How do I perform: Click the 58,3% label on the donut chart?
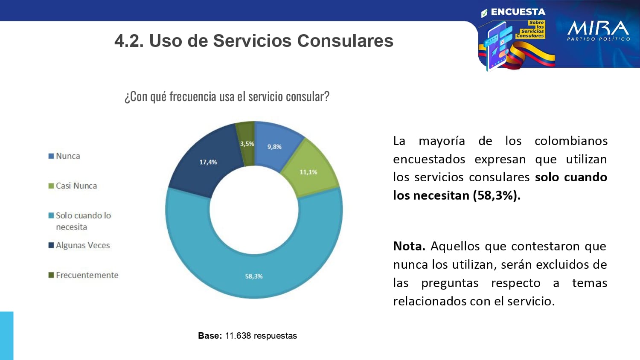click(x=254, y=276)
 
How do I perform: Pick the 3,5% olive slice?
click(x=246, y=141)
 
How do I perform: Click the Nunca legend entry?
click(x=68, y=156)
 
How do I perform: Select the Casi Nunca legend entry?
click(x=76, y=186)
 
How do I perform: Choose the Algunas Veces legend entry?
click(x=83, y=246)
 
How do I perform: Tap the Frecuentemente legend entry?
click(x=87, y=276)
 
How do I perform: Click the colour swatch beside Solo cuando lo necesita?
click(x=51, y=216)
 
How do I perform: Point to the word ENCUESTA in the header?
click(x=518, y=12)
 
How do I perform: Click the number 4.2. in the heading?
click(x=129, y=41)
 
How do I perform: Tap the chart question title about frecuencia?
click(x=227, y=97)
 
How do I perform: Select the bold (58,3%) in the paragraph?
click(x=496, y=195)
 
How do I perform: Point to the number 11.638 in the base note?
click(x=238, y=336)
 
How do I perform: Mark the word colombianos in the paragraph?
click(x=571, y=141)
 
